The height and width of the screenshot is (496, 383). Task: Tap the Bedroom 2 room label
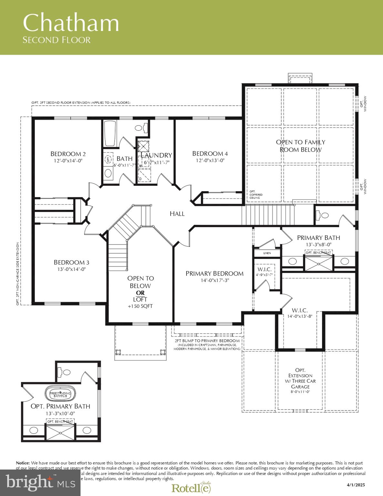[68, 154]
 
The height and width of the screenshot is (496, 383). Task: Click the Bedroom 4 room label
[210, 153]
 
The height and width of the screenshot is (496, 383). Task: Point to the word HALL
[177, 213]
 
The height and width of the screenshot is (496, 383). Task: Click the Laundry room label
[157, 155]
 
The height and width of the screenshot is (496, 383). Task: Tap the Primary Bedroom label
[215, 274]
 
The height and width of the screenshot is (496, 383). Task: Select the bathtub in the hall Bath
[110, 134]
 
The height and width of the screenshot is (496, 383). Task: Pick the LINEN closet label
[267, 253]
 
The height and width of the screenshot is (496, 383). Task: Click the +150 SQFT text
[140, 306]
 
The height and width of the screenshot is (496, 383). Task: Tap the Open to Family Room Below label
[300, 146]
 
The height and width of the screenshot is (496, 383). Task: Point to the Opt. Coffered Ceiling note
[256, 195]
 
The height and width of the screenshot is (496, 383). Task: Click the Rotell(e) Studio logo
[191, 488]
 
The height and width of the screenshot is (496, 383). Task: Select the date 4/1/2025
[356, 485]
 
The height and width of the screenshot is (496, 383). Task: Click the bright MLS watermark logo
[40, 482]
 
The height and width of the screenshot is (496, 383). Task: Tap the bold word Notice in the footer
[23, 463]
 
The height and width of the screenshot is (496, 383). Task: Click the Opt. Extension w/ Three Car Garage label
[300, 378]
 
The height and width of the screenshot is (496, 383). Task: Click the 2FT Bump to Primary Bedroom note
[207, 341]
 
